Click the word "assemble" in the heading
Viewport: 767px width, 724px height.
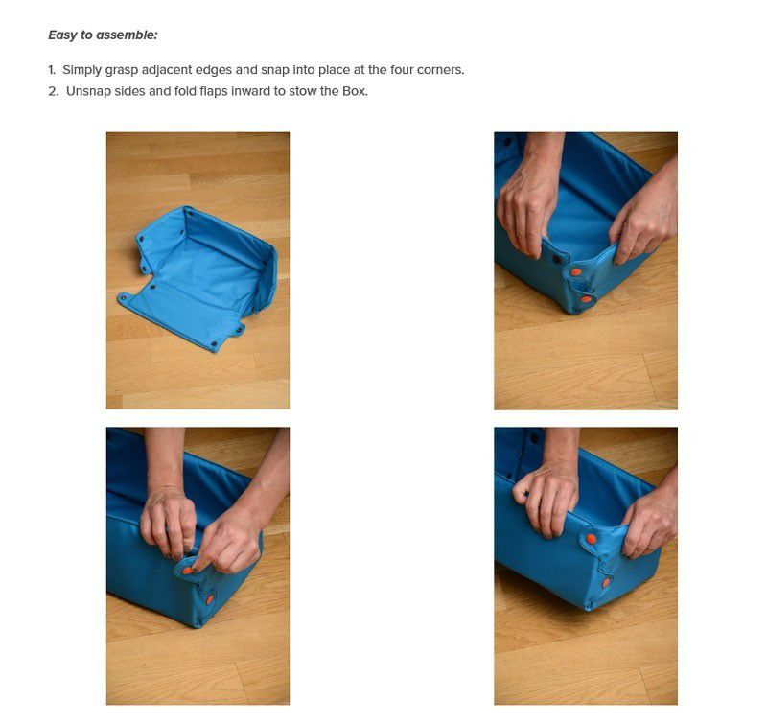[x=127, y=35]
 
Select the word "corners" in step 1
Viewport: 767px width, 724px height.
[x=440, y=70]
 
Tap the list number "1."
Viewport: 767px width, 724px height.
[x=52, y=70]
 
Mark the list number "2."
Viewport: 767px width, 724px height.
[x=53, y=91]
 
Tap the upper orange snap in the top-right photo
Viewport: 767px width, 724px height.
[x=577, y=272]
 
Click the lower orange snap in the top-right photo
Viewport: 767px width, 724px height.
[x=586, y=299]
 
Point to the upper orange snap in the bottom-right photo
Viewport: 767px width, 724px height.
[x=592, y=539]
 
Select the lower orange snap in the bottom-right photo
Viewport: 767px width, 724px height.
[x=606, y=583]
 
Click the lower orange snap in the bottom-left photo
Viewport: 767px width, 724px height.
[x=210, y=599]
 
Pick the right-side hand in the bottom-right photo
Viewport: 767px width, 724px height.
[x=651, y=519]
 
